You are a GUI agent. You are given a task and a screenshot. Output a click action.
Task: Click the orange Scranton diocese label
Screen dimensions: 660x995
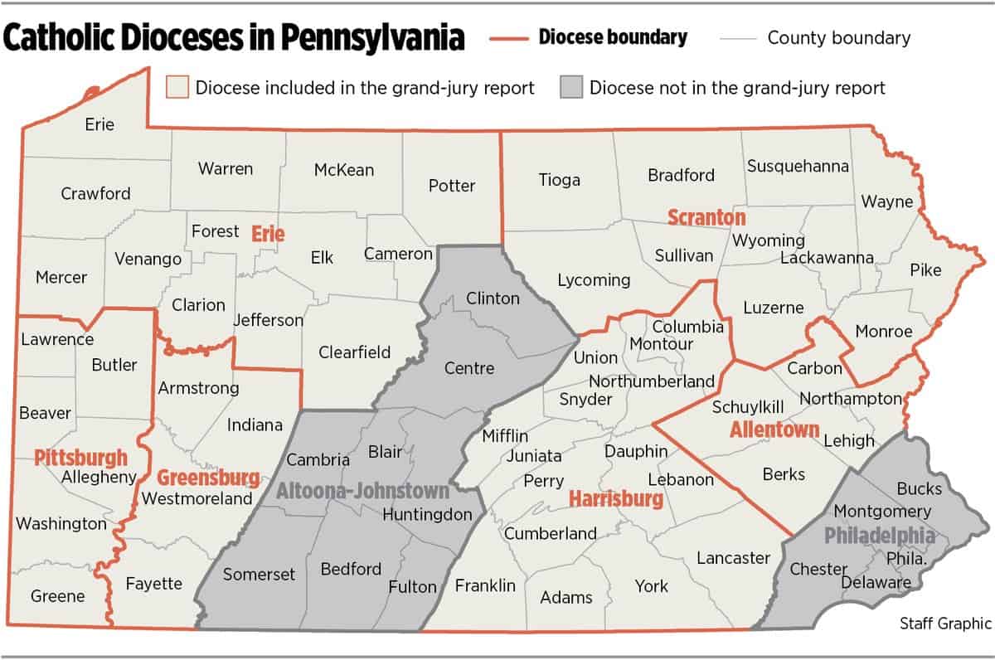click(706, 217)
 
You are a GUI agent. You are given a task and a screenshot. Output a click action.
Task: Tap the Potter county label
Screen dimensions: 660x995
click(452, 186)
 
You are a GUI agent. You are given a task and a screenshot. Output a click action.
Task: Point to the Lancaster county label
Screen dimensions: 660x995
click(733, 558)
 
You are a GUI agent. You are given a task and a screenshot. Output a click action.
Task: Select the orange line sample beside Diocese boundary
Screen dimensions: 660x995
click(507, 38)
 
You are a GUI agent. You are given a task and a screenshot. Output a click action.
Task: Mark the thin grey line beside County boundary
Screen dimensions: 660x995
click(738, 38)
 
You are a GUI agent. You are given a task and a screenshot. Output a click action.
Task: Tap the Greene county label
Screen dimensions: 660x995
click(58, 596)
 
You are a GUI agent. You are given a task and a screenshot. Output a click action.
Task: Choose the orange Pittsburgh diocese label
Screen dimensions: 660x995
click(81, 457)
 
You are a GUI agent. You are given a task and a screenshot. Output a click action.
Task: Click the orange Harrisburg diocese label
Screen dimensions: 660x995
click(616, 499)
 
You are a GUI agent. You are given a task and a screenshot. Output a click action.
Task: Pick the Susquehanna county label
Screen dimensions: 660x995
click(798, 166)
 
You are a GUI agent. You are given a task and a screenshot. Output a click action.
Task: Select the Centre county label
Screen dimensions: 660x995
click(469, 368)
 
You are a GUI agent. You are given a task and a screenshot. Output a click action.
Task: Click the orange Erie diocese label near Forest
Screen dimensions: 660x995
click(268, 235)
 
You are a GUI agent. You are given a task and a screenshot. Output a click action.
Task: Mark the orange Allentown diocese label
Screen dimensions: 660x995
click(774, 430)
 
